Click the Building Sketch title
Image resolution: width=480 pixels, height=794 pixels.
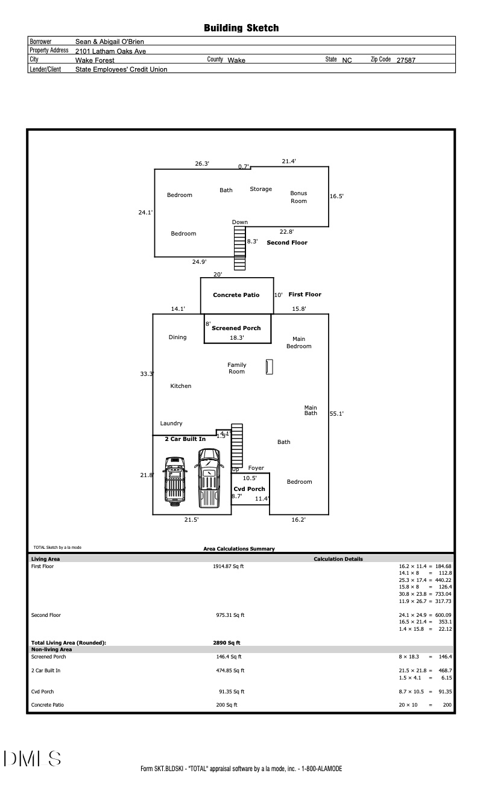(x=241, y=28)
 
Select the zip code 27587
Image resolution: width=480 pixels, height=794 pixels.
(x=406, y=60)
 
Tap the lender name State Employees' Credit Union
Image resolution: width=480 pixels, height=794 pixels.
(x=121, y=69)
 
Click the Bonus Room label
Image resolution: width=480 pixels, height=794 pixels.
(x=298, y=197)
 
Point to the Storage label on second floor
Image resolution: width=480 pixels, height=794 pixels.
(x=261, y=189)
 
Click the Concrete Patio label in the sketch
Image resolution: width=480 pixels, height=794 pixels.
(x=236, y=295)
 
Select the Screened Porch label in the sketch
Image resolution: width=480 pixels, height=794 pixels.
(x=236, y=328)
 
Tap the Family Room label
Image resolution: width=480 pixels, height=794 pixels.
(x=236, y=368)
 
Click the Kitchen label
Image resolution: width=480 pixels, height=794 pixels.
(x=180, y=386)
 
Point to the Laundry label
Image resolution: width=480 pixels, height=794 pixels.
(x=171, y=424)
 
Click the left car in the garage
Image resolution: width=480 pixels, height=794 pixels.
(x=175, y=480)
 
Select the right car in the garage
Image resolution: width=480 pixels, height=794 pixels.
(x=209, y=477)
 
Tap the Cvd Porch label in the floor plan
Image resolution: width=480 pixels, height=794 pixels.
(x=249, y=489)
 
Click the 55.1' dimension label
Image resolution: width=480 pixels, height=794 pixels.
(x=336, y=414)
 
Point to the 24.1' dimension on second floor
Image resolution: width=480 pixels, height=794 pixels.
(x=145, y=212)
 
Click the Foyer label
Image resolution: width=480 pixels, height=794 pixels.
(x=256, y=468)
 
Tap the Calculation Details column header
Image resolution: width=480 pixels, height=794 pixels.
(x=338, y=559)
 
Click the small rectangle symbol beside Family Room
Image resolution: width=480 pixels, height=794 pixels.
(x=270, y=367)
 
